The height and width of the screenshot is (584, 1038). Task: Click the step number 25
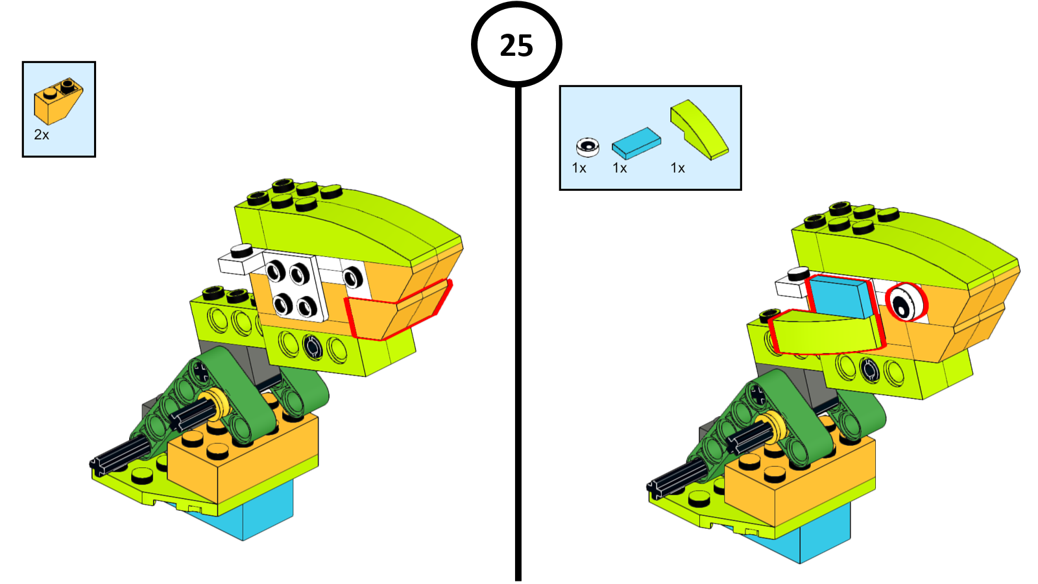point(516,45)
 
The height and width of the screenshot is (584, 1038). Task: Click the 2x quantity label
point(42,135)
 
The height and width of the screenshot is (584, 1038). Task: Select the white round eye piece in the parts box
point(588,147)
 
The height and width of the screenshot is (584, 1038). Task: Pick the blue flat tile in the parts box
point(636,143)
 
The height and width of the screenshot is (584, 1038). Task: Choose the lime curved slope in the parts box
point(699,130)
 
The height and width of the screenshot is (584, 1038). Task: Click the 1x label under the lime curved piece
point(677,168)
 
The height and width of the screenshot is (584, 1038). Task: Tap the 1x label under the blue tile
point(620,168)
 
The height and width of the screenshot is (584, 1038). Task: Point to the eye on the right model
point(906,302)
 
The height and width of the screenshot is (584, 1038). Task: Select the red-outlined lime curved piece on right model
point(828,332)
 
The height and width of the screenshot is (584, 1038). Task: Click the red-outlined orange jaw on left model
point(396,310)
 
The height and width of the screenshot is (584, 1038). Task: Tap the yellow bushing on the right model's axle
point(773,424)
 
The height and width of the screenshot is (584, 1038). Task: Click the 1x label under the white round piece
point(579,168)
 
